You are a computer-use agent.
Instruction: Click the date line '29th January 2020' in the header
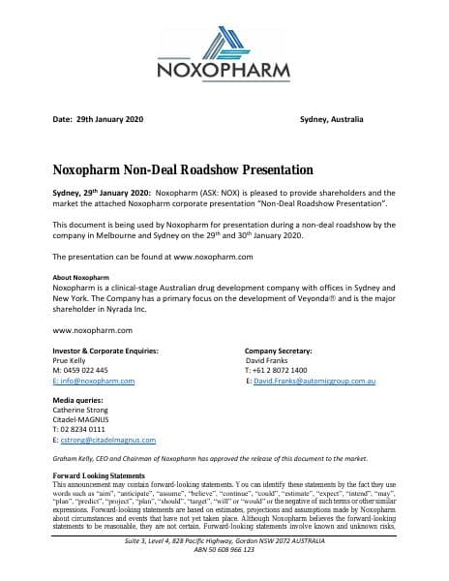(108, 119)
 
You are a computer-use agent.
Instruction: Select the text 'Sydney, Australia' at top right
(332, 119)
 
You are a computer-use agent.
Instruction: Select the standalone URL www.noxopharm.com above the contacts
(90, 330)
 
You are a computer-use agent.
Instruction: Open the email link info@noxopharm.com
(90, 382)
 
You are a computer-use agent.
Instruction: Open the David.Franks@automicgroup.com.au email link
(314, 382)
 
